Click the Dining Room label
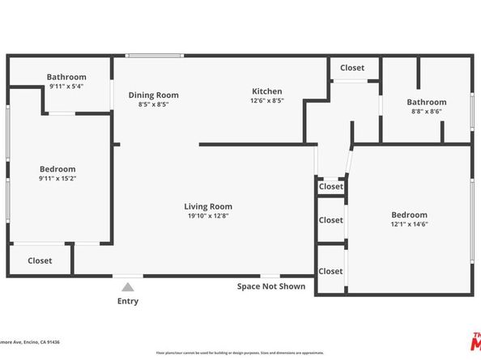pyautogui.click(x=153, y=95)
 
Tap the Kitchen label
pyautogui.click(x=266, y=91)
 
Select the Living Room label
pyautogui.click(x=208, y=206)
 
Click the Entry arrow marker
pyautogui.click(x=128, y=286)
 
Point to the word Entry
pyautogui.click(x=128, y=302)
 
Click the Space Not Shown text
pyautogui.click(x=271, y=286)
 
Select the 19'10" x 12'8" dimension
pyautogui.click(x=208, y=216)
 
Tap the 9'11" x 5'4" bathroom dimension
pyautogui.click(x=66, y=86)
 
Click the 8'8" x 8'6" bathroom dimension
pyautogui.click(x=427, y=112)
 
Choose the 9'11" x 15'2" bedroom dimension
pyautogui.click(x=57, y=178)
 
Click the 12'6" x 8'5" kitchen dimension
pyautogui.click(x=266, y=102)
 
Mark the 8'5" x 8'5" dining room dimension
pyautogui.click(x=153, y=104)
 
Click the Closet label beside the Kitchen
pyautogui.click(x=351, y=68)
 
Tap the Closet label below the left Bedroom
pyautogui.click(x=40, y=261)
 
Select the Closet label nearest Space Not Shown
pyautogui.click(x=330, y=272)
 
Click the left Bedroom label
pyautogui.click(x=57, y=169)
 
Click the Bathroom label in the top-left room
pyautogui.click(x=66, y=77)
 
